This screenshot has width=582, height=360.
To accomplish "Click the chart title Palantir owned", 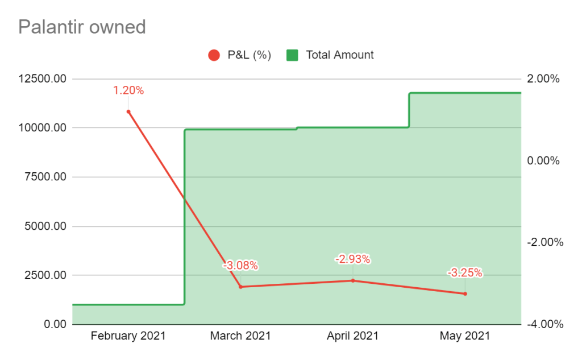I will [x=82, y=27].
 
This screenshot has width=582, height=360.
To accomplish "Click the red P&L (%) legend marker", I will [x=214, y=55].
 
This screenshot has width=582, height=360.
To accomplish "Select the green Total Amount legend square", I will [x=292, y=55].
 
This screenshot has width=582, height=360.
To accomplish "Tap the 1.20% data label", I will [x=128, y=90].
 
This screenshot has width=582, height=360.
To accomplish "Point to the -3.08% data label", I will [x=240, y=266].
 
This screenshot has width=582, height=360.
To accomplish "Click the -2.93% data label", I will [x=352, y=259].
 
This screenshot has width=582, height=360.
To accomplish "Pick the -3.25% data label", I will [x=465, y=273].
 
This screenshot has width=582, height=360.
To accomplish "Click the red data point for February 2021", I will [x=128, y=111].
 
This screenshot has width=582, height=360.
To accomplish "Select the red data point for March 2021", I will [x=240, y=287].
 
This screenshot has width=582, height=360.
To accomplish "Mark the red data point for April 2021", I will [x=352, y=280].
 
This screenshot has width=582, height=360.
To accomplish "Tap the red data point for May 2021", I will [x=465, y=293].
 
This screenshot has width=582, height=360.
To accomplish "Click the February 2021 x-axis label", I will [x=128, y=336].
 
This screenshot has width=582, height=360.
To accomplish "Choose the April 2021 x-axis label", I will [x=352, y=336].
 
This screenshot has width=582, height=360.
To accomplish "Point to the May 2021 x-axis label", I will [x=465, y=336].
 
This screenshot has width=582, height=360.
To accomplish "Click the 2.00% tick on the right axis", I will [x=544, y=78].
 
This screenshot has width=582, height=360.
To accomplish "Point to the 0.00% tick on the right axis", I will [x=544, y=160].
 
